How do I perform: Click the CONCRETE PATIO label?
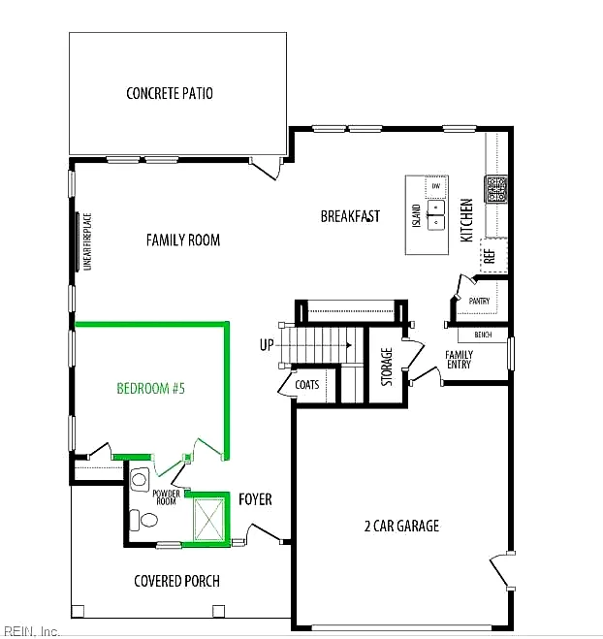pos(170,93)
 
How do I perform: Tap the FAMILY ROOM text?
pos(183,240)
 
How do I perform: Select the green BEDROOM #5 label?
pos(151,389)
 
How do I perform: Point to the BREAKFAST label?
pos(350,216)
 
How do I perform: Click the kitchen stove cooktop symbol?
pos(495,189)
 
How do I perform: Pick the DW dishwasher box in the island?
pos(436,186)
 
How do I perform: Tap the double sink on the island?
pos(436,214)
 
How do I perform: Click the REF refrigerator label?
pos(490,256)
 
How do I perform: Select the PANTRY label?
pos(479,301)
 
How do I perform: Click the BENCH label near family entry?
pos(483,335)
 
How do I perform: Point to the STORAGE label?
pos(387,367)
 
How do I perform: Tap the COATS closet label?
pos(306,385)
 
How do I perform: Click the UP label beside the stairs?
pos(267,345)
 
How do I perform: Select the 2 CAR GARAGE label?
pos(401,526)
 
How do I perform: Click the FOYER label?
pos(255,499)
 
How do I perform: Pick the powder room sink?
pos(140,480)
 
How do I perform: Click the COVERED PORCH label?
pos(176,581)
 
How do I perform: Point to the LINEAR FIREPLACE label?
pos(87,241)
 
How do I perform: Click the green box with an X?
pos(209,520)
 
